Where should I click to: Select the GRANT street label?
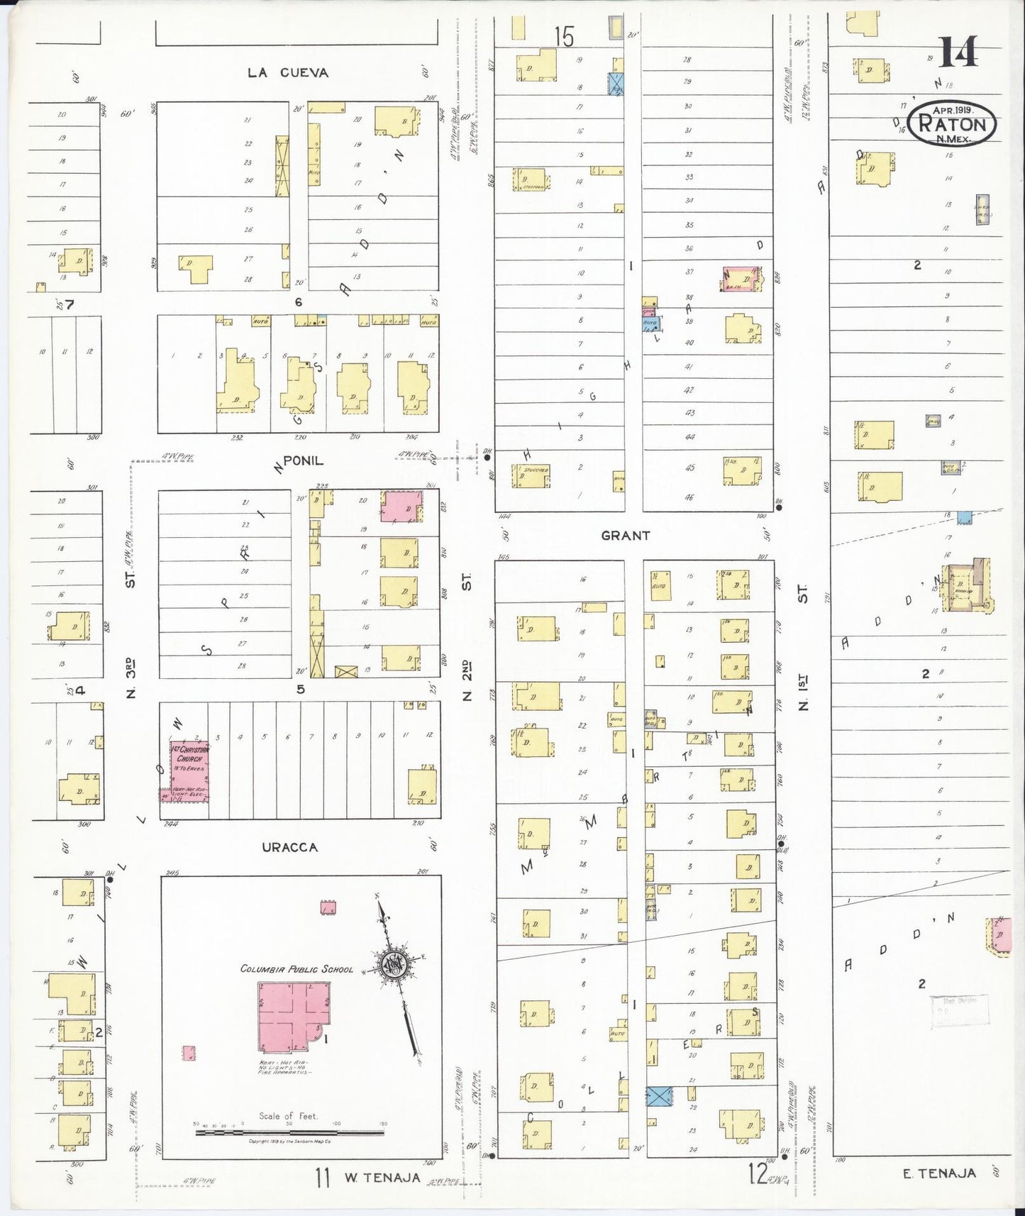tap(625, 536)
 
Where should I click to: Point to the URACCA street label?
tap(289, 847)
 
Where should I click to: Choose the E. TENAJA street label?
tap(939, 1173)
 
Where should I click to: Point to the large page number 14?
tap(958, 51)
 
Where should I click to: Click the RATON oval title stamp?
tap(953, 123)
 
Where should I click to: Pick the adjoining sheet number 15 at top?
tap(564, 36)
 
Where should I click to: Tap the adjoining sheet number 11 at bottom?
tap(323, 1178)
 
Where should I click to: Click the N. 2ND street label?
tap(467, 681)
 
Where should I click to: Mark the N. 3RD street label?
tap(131, 680)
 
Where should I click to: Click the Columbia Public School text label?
tap(297, 968)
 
